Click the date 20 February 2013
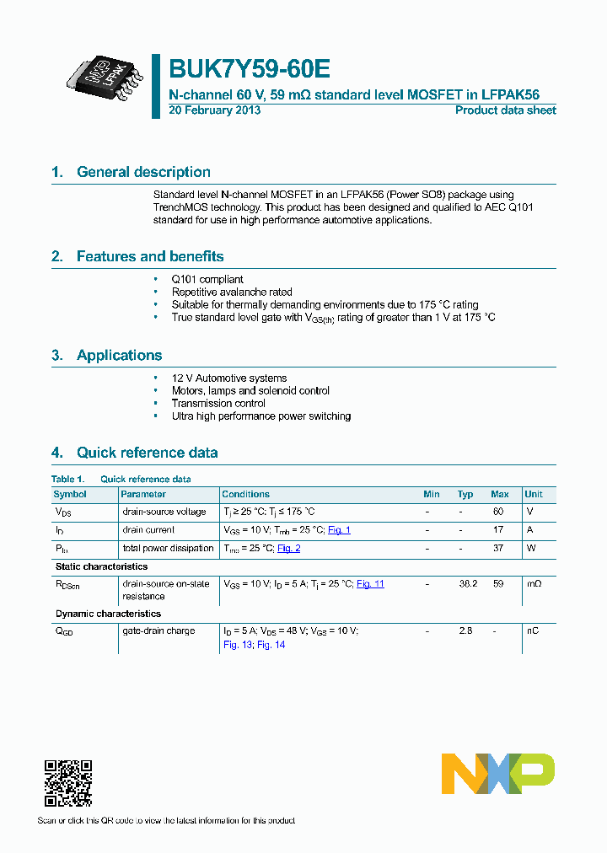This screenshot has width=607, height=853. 215,110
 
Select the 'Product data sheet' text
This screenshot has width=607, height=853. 505,110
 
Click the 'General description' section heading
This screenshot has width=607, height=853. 143,172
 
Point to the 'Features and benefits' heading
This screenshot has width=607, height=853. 150,256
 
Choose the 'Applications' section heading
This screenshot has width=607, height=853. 119,356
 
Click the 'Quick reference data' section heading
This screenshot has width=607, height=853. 147,453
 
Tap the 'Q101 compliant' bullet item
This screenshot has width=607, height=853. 207,280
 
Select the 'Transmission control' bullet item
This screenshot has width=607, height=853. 218,404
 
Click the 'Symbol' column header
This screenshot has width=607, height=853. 70,494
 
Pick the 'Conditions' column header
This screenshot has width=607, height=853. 245,494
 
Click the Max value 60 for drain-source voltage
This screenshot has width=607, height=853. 498,512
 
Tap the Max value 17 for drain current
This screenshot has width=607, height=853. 498,530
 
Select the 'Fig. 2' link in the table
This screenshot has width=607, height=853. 288,549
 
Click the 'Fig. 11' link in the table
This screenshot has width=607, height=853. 370,584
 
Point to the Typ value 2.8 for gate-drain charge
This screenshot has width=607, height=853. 465,631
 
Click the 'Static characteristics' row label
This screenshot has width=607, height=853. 101,566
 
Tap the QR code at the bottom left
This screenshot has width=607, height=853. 67,783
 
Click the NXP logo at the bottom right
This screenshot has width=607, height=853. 498,774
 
